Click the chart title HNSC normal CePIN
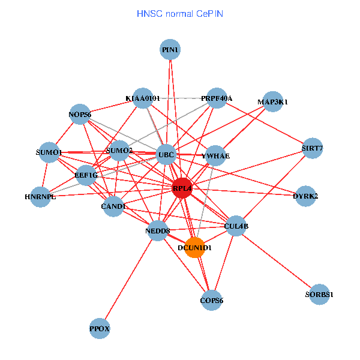click(x=180, y=13)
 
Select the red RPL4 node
click(x=182, y=188)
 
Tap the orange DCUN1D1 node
click(x=194, y=247)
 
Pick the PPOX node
click(x=100, y=328)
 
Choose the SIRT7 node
click(x=313, y=148)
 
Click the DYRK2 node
click(x=305, y=196)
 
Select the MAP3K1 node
click(x=272, y=102)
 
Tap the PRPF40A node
click(x=216, y=98)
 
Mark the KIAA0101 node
click(x=143, y=98)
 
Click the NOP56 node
click(x=80, y=114)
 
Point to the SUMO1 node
click(x=49, y=152)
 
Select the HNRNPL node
click(x=40, y=197)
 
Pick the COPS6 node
click(x=211, y=300)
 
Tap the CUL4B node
click(x=236, y=226)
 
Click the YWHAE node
click(x=215, y=156)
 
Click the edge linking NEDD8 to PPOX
click(x=129, y=280)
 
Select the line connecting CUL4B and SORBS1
click(x=278, y=260)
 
